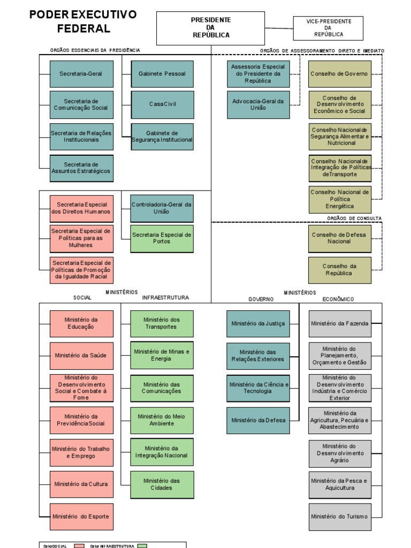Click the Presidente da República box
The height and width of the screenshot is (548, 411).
tap(211, 27)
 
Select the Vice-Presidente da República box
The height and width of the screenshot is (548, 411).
tap(329, 27)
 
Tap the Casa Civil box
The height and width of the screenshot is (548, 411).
tap(162, 104)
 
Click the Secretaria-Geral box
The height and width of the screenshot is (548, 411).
tap(81, 74)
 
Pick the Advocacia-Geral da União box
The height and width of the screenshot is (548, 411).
tap(258, 104)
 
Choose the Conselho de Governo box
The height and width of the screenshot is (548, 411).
tap(339, 74)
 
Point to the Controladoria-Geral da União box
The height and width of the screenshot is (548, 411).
tap(162, 208)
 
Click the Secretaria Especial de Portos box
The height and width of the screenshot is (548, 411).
tap(162, 238)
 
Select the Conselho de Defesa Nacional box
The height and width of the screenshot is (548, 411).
tap(339, 238)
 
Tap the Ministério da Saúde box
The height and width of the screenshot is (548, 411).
tap(81, 355)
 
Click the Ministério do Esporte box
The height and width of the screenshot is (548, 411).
tap(81, 516)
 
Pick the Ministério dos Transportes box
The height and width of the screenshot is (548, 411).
tap(162, 323)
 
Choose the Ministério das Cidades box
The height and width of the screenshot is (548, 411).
tap(162, 484)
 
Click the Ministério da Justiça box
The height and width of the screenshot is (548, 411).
tap(258, 323)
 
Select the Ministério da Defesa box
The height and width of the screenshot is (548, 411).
tap(258, 420)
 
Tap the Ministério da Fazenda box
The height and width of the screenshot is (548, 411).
tap(339, 323)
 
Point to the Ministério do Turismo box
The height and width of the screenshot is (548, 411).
tap(339, 516)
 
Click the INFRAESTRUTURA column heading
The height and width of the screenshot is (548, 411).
tap(165, 298)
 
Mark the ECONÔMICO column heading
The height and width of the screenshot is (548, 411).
tap(338, 299)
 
